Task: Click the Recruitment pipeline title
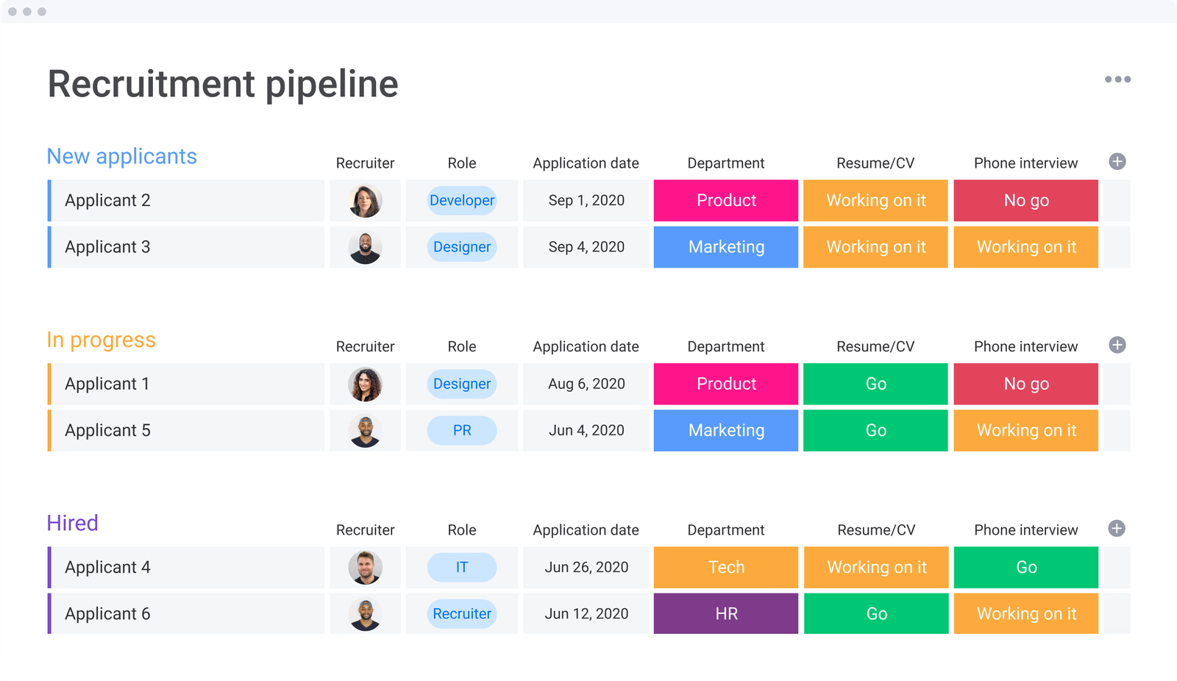(x=223, y=84)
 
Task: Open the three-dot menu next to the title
(x=1117, y=79)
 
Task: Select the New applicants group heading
(x=122, y=157)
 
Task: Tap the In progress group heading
(x=102, y=340)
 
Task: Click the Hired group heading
(x=73, y=523)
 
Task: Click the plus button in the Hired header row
(x=1117, y=529)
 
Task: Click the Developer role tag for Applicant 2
(x=462, y=201)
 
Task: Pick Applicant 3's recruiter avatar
(x=365, y=247)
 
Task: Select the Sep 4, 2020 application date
(x=586, y=247)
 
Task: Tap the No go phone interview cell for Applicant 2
(x=1025, y=201)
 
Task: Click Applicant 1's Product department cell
(x=726, y=384)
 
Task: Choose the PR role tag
(x=462, y=430)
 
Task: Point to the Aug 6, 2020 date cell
(x=586, y=384)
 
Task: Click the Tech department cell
(x=726, y=567)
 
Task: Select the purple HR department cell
(x=726, y=613)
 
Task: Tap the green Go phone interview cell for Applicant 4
(x=1025, y=567)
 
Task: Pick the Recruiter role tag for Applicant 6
(x=462, y=613)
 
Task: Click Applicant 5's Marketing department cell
(x=726, y=430)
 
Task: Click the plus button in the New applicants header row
(x=1117, y=162)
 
